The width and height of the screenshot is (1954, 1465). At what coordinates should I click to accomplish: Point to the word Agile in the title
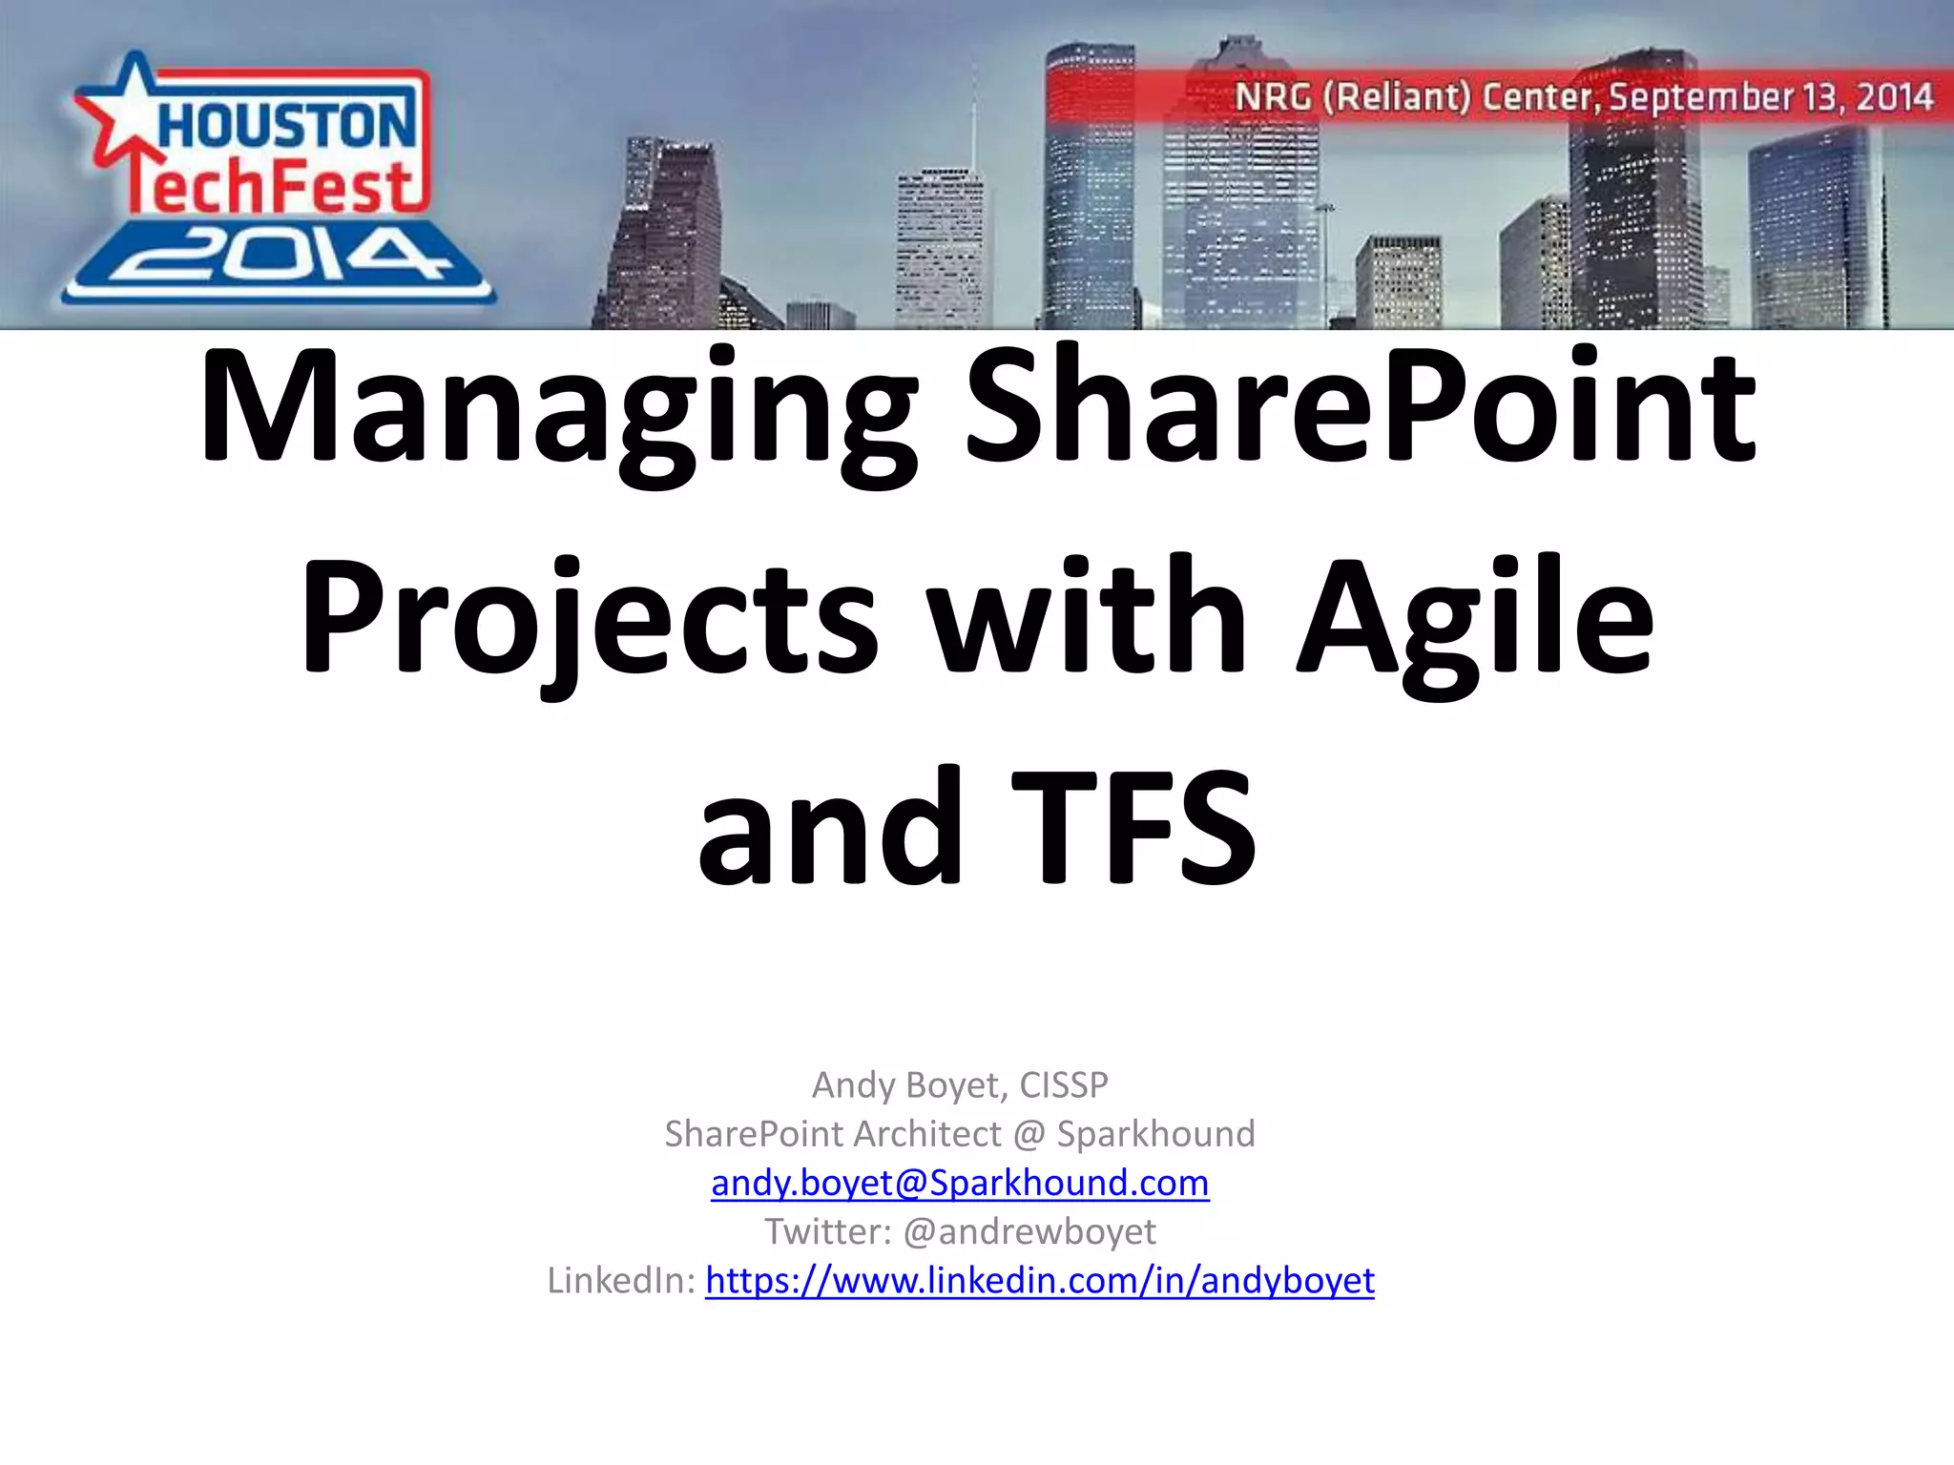click(1474, 620)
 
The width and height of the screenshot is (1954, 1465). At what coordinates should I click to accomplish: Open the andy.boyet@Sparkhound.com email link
click(960, 1183)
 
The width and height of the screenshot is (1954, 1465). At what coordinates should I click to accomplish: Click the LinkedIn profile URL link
click(1040, 1280)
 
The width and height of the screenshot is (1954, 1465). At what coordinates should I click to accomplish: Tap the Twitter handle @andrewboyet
click(1029, 1231)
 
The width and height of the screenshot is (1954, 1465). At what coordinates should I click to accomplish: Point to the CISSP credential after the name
click(1064, 1084)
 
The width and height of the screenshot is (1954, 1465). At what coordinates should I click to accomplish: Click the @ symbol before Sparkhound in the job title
click(1029, 1134)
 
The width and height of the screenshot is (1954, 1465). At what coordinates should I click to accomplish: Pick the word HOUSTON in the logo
click(286, 124)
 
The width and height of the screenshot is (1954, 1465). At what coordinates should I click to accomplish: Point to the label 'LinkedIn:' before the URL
click(621, 1280)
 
